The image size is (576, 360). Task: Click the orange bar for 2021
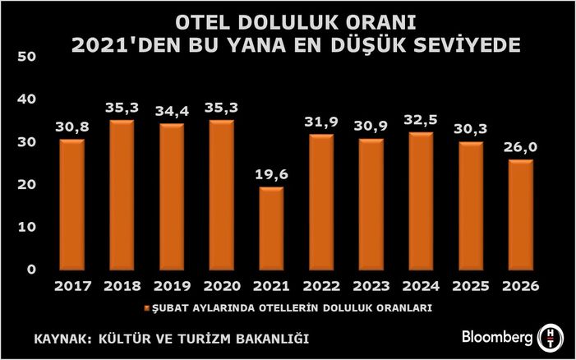[270, 228]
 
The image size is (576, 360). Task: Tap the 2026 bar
[521, 215]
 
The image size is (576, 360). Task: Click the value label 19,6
[270, 176]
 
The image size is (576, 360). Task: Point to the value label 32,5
[421, 120]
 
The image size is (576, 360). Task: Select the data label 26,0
[521, 148]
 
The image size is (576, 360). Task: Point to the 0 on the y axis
[30, 270]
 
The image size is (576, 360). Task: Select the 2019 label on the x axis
[171, 287]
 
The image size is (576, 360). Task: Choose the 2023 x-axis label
[371, 287]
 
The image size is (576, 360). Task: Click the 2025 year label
[471, 287]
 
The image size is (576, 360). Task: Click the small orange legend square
[148, 309]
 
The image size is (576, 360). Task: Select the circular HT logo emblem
[550, 338]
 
